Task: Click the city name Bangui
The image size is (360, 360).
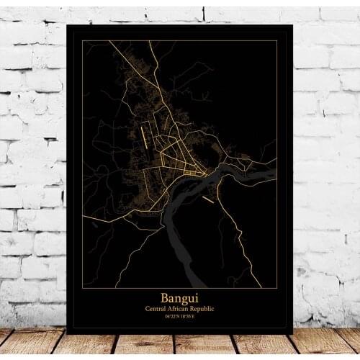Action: point(179,297)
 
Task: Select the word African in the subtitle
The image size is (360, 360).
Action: point(180,308)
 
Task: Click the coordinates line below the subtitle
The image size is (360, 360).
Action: point(179,316)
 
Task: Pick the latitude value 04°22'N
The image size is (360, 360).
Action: point(171,316)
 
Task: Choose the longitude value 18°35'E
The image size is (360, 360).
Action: point(187,316)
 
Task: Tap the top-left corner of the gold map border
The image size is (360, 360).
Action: point(81,41)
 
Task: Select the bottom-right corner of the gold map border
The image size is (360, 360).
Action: point(277,287)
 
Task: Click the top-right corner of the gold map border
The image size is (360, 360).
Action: point(277,41)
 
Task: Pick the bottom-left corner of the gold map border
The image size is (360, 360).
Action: point(81,287)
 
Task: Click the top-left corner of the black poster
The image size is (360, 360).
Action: point(66,26)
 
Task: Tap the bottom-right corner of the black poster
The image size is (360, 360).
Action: point(293,333)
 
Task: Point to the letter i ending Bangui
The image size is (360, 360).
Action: point(196,297)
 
